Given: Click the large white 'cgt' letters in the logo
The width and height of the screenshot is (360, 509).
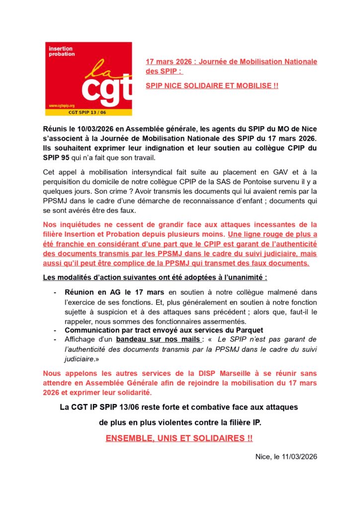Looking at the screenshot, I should (x=106, y=91).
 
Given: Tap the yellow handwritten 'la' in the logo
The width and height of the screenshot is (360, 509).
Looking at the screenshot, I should (x=97, y=70).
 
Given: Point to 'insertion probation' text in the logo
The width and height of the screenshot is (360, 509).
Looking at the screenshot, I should (x=61, y=51).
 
